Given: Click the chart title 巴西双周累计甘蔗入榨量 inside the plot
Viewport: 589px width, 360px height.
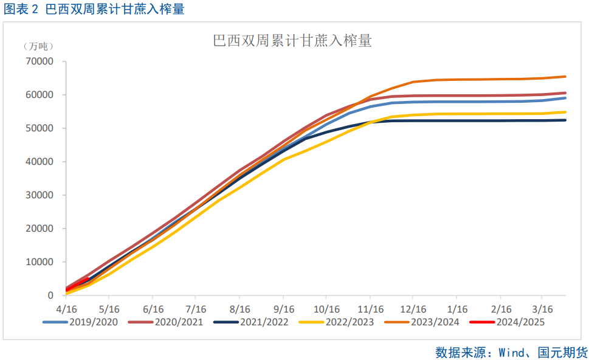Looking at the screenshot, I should tap(292, 41).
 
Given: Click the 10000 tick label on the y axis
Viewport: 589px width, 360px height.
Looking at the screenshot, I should tap(40, 262).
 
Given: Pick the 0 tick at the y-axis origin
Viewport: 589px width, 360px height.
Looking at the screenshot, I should tap(50, 296).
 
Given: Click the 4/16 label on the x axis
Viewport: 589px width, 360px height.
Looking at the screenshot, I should tap(65, 309).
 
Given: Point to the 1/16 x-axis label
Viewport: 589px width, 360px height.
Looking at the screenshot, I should tap(458, 309).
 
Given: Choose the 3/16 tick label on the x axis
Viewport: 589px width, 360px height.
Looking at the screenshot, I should tap(543, 309).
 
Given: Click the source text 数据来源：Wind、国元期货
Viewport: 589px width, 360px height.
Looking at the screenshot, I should tap(511, 352).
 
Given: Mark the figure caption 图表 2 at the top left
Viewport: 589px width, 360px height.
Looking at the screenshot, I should tap(22, 9).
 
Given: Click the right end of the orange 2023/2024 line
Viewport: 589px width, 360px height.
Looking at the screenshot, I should tap(565, 77).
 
